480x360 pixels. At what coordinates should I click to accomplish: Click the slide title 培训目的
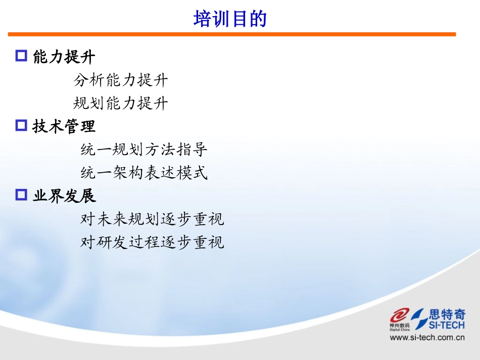230,19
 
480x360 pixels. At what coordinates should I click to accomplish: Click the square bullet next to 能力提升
21,56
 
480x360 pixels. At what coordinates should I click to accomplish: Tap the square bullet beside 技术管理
21,125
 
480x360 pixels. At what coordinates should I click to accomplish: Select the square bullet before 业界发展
21,194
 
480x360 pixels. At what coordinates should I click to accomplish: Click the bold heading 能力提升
64,57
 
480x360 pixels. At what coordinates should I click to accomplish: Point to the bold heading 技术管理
64,126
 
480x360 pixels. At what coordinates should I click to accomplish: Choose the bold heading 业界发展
64,195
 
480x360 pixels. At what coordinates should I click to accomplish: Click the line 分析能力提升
120,80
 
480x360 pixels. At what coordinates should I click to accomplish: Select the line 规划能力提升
120,104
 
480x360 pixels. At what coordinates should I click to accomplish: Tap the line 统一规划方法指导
144,149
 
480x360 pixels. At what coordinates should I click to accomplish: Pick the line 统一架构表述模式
144,173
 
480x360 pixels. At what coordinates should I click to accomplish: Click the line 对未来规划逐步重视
152,219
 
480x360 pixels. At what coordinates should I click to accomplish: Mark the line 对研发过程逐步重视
152,242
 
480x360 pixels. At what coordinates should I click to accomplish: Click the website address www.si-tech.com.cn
427,338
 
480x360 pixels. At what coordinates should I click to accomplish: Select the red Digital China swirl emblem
400,316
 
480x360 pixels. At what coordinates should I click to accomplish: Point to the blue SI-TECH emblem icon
419,319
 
